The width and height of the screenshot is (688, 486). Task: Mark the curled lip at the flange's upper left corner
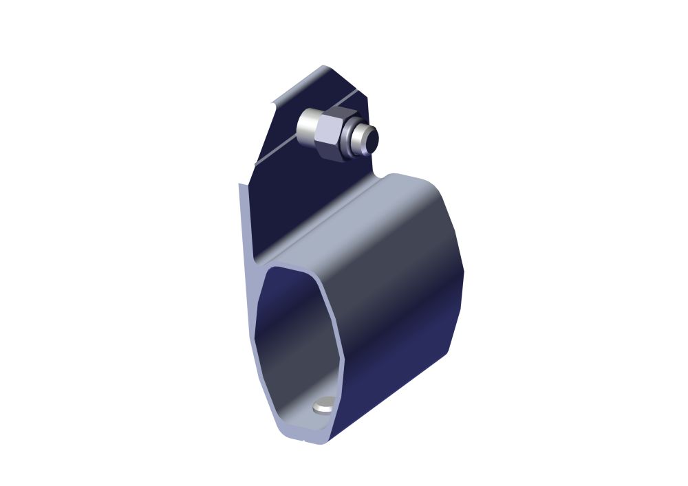tap(275, 103)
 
